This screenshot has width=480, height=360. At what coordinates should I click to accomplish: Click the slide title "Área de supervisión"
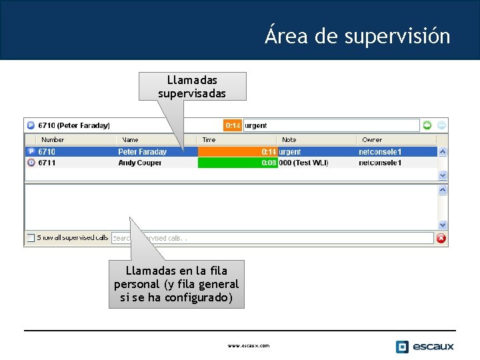(x=357, y=35)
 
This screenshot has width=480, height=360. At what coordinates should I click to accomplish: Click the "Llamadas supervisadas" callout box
(x=192, y=86)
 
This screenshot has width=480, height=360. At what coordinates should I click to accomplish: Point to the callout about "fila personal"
(x=177, y=284)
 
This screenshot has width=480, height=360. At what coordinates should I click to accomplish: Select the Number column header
(x=53, y=140)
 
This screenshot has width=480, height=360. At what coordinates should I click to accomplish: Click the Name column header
(x=130, y=140)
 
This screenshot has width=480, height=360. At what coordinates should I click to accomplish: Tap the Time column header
(x=209, y=140)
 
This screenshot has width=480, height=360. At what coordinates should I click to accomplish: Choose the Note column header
(x=289, y=140)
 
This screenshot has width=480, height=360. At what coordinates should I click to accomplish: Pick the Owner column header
(x=372, y=140)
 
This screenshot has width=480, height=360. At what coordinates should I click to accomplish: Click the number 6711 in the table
(x=47, y=163)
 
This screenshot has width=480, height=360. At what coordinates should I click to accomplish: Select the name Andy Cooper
(x=139, y=163)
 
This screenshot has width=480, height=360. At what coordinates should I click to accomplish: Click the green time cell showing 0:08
(x=237, y=163)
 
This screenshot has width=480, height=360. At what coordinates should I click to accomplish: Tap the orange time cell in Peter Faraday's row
(x=237, y=152)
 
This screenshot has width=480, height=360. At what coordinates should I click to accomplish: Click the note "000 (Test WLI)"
(x=303, y=163)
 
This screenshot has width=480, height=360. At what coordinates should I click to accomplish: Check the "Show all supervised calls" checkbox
(x=31, y=237)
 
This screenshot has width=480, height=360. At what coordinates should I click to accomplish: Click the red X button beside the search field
(x=441, y=238)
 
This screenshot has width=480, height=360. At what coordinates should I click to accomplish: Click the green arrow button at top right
(x=427, y=125)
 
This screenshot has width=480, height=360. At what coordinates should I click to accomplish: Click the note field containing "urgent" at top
(x=331, y=125)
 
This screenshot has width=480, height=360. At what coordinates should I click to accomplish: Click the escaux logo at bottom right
(x=425, y=346)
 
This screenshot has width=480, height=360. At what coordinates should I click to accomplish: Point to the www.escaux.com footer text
(x=248, y=346)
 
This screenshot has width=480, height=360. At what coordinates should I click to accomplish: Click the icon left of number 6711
(x=31, y=163)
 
